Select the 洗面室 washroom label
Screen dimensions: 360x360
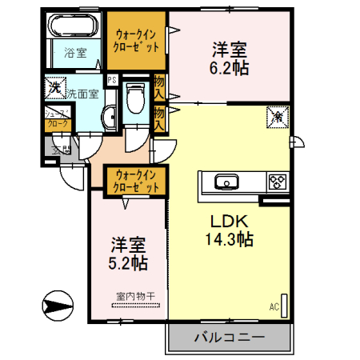click(82, 94)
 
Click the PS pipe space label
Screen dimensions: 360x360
click(113, 80)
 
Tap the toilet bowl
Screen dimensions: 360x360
click(134, 99)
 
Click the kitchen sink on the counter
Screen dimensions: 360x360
click(226, 182)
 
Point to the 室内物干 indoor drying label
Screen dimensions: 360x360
click(134, 296)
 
